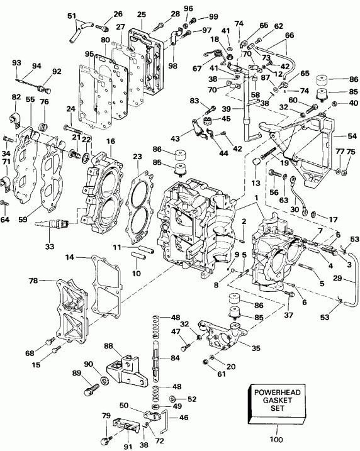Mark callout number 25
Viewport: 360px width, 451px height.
[141, 14]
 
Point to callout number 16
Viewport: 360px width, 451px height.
[111, 143]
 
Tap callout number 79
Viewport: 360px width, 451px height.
[106, 416]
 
